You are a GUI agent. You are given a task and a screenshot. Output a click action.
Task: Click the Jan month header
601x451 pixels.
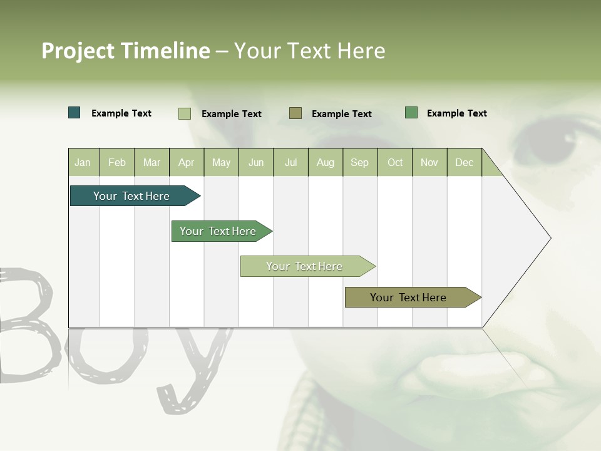[x=83, y=162]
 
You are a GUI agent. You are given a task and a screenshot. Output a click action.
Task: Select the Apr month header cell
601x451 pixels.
[x=187, y=162]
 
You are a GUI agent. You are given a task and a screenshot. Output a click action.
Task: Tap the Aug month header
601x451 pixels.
[x=326, y=162]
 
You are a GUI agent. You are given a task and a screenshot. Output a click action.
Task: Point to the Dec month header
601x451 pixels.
[x=465, y=162]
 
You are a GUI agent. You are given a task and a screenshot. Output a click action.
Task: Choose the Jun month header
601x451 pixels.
[x=256, y=162]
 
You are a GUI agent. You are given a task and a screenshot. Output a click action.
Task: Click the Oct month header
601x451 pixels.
[x=395, y=162]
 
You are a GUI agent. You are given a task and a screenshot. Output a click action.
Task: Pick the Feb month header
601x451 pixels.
[x=117, y=162]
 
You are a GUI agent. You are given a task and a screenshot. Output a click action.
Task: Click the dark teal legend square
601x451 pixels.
[x=74, y=113]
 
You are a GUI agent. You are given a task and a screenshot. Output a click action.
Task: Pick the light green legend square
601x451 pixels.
[x=185, y=113]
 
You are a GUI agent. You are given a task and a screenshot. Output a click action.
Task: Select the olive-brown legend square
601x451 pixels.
[x=295, y=113]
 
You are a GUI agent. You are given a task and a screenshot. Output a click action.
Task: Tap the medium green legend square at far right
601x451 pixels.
[x=411, y=113]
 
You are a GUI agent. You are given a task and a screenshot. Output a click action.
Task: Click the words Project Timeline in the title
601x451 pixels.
[x=125, y=51]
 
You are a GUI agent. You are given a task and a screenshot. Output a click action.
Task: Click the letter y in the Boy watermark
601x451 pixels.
[x=188, y=370]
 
